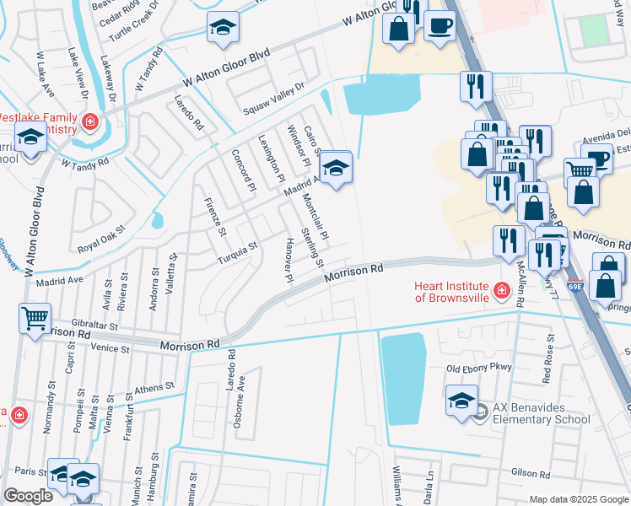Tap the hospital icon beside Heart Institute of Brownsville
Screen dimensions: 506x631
(x=502, y=291)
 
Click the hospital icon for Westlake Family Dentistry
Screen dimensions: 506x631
(x=89, y=124)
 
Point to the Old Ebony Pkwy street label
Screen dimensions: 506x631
(x=479, y=369)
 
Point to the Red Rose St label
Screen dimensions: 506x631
(x=549, y=354)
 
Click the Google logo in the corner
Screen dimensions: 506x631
(x=28, y=496)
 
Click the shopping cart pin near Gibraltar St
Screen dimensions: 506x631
(x=35, y=319)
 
